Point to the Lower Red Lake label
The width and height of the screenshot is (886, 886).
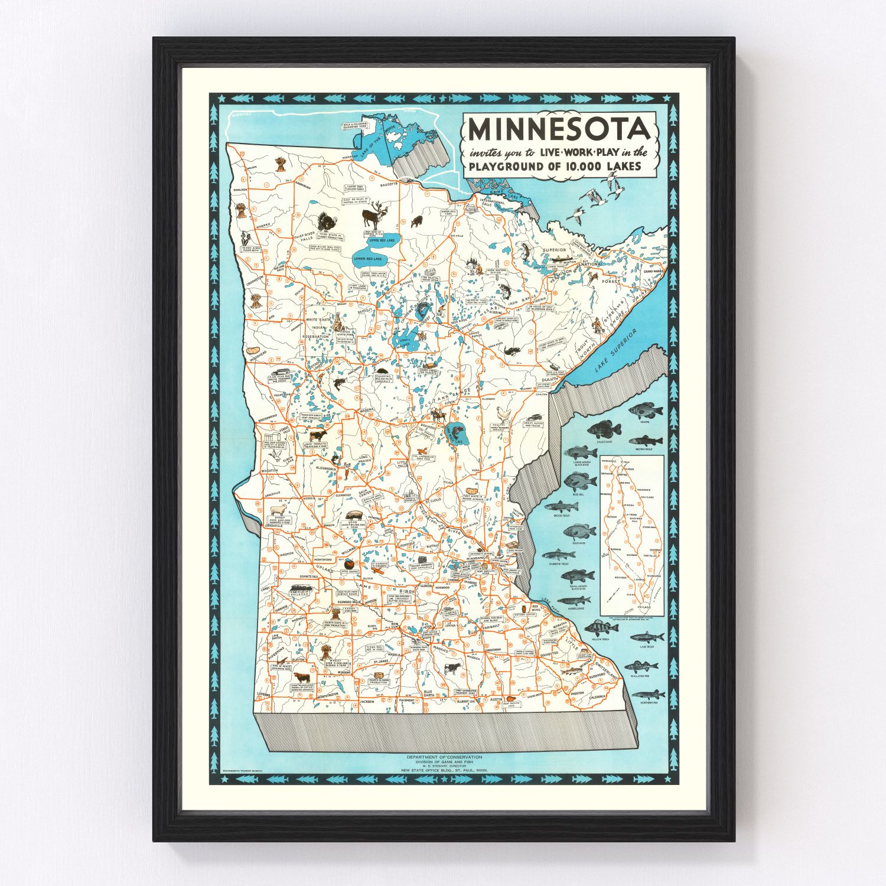pyautogui.click(x=367, y=259)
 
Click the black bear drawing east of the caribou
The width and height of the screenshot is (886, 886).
pyautogui.click(x=417, y=221)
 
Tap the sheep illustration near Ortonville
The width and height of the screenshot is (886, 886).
pyautogui.click(x=278, y=510)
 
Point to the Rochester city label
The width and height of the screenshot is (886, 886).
pyautogui.click(x=549, y=654)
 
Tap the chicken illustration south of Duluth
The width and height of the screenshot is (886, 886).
pyautogui.click(x=502, y=412)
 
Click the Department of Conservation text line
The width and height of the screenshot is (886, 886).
pyautogui.click(x=444, y=757)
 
